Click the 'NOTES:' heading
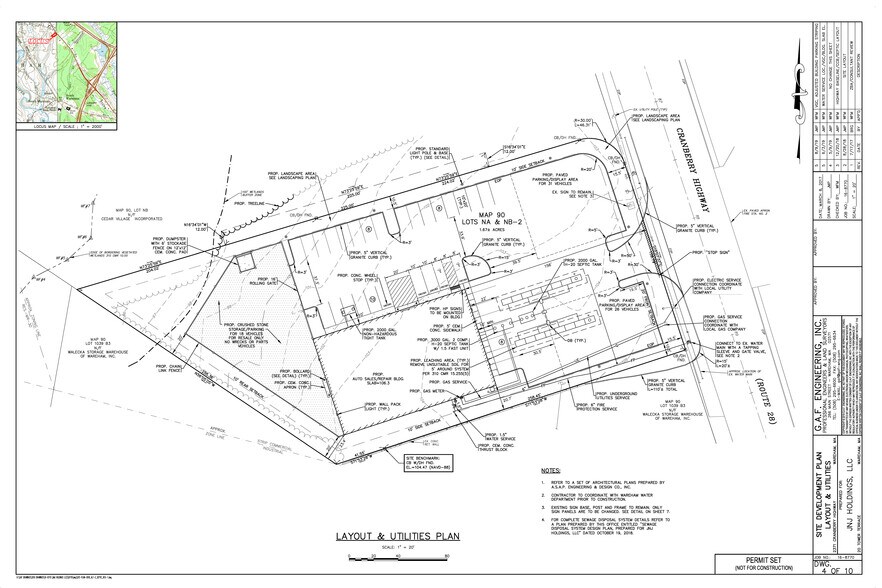click(550, 469)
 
